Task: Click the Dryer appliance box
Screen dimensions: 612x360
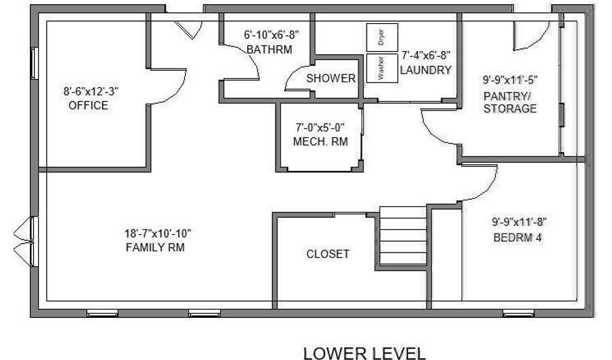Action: tap(382, 37)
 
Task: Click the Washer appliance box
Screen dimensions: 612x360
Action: tap(382, 68)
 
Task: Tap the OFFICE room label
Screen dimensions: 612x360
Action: tap(88, 105)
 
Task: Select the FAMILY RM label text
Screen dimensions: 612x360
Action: tap(155, 248)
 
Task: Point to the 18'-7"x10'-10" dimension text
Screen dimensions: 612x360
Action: tap(158, 233)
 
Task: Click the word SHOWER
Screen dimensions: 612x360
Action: tap(330, 78)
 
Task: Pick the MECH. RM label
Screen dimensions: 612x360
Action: tap(320, 142)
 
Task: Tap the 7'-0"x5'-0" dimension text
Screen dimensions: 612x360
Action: tap(320, 127)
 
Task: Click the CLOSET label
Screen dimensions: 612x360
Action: tap(328, 255)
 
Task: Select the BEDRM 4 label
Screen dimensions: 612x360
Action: tap(517, 238)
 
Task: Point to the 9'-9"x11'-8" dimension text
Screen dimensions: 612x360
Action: tap(519, 222)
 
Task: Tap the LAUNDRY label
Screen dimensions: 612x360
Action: tap(426, 70)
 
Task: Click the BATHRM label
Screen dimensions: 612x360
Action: tap(269, 50)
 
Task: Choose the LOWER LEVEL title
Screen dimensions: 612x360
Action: tap(364, 353)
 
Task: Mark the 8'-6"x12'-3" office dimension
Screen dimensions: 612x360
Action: tap(91, 92)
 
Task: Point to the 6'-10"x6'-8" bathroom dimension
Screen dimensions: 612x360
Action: tap(271, 35)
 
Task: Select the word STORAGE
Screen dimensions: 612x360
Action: tap(510, 109)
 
